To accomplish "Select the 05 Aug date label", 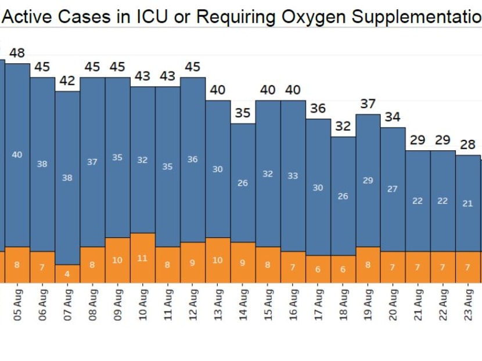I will click(x=17, y=304).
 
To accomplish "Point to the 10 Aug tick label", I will click(x=143, y=304).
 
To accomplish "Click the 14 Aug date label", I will click(x=243, y=304).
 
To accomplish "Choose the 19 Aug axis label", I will click(x=368, y=304).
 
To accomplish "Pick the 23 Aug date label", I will click(x=468, y=304).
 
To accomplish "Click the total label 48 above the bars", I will click(x=17, y=53).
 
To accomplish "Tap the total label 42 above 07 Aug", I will click(x=67, y=81).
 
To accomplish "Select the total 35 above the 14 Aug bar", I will click(x=243, y=113).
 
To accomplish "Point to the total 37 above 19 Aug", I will click(x=368, y=104).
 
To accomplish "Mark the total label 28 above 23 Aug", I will click(x=468, y=145).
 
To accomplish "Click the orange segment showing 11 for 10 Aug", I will click(x=143, y=258).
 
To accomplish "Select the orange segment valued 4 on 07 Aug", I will click(x=67, y=273).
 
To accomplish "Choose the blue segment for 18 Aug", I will click(x=343, y=196).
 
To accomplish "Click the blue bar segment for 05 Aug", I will click(x=17, y=155).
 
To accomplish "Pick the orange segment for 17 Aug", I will click(x=318, y=269).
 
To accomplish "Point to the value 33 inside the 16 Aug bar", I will click(x=293, y=175).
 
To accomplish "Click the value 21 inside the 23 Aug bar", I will click(x=468, y=203).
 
